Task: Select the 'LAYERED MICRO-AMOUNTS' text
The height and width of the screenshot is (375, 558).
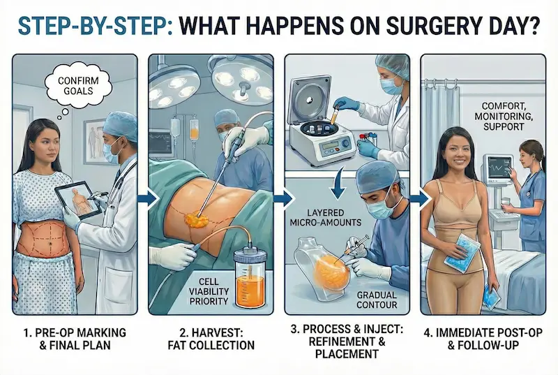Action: [x=325, y=217]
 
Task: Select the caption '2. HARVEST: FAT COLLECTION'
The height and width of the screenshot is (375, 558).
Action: [x=212, y=338]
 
